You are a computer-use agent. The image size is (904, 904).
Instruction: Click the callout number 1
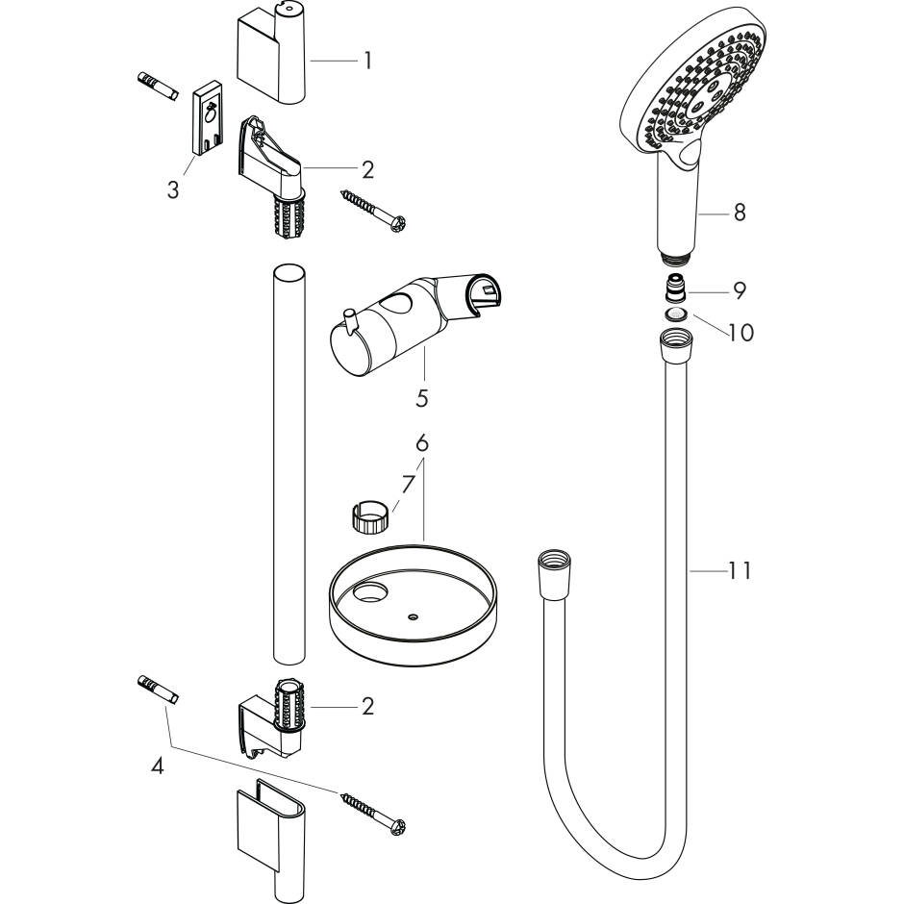coord(367,61)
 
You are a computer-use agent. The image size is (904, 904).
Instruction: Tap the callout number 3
coord(173,189)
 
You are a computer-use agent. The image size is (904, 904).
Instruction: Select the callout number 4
coord(158,766)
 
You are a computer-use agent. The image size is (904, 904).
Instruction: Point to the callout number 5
coord(422,398)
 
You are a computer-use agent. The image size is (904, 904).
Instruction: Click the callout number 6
coord(422,443)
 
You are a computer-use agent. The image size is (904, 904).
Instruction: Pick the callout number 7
coord(408,485)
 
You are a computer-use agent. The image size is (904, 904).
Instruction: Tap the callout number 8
coord(740,213)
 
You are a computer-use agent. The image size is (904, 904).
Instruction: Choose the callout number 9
coord(740,290)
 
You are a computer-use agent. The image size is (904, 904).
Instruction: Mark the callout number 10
coord(741,333)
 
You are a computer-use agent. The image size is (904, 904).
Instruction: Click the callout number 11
coord(740,570)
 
